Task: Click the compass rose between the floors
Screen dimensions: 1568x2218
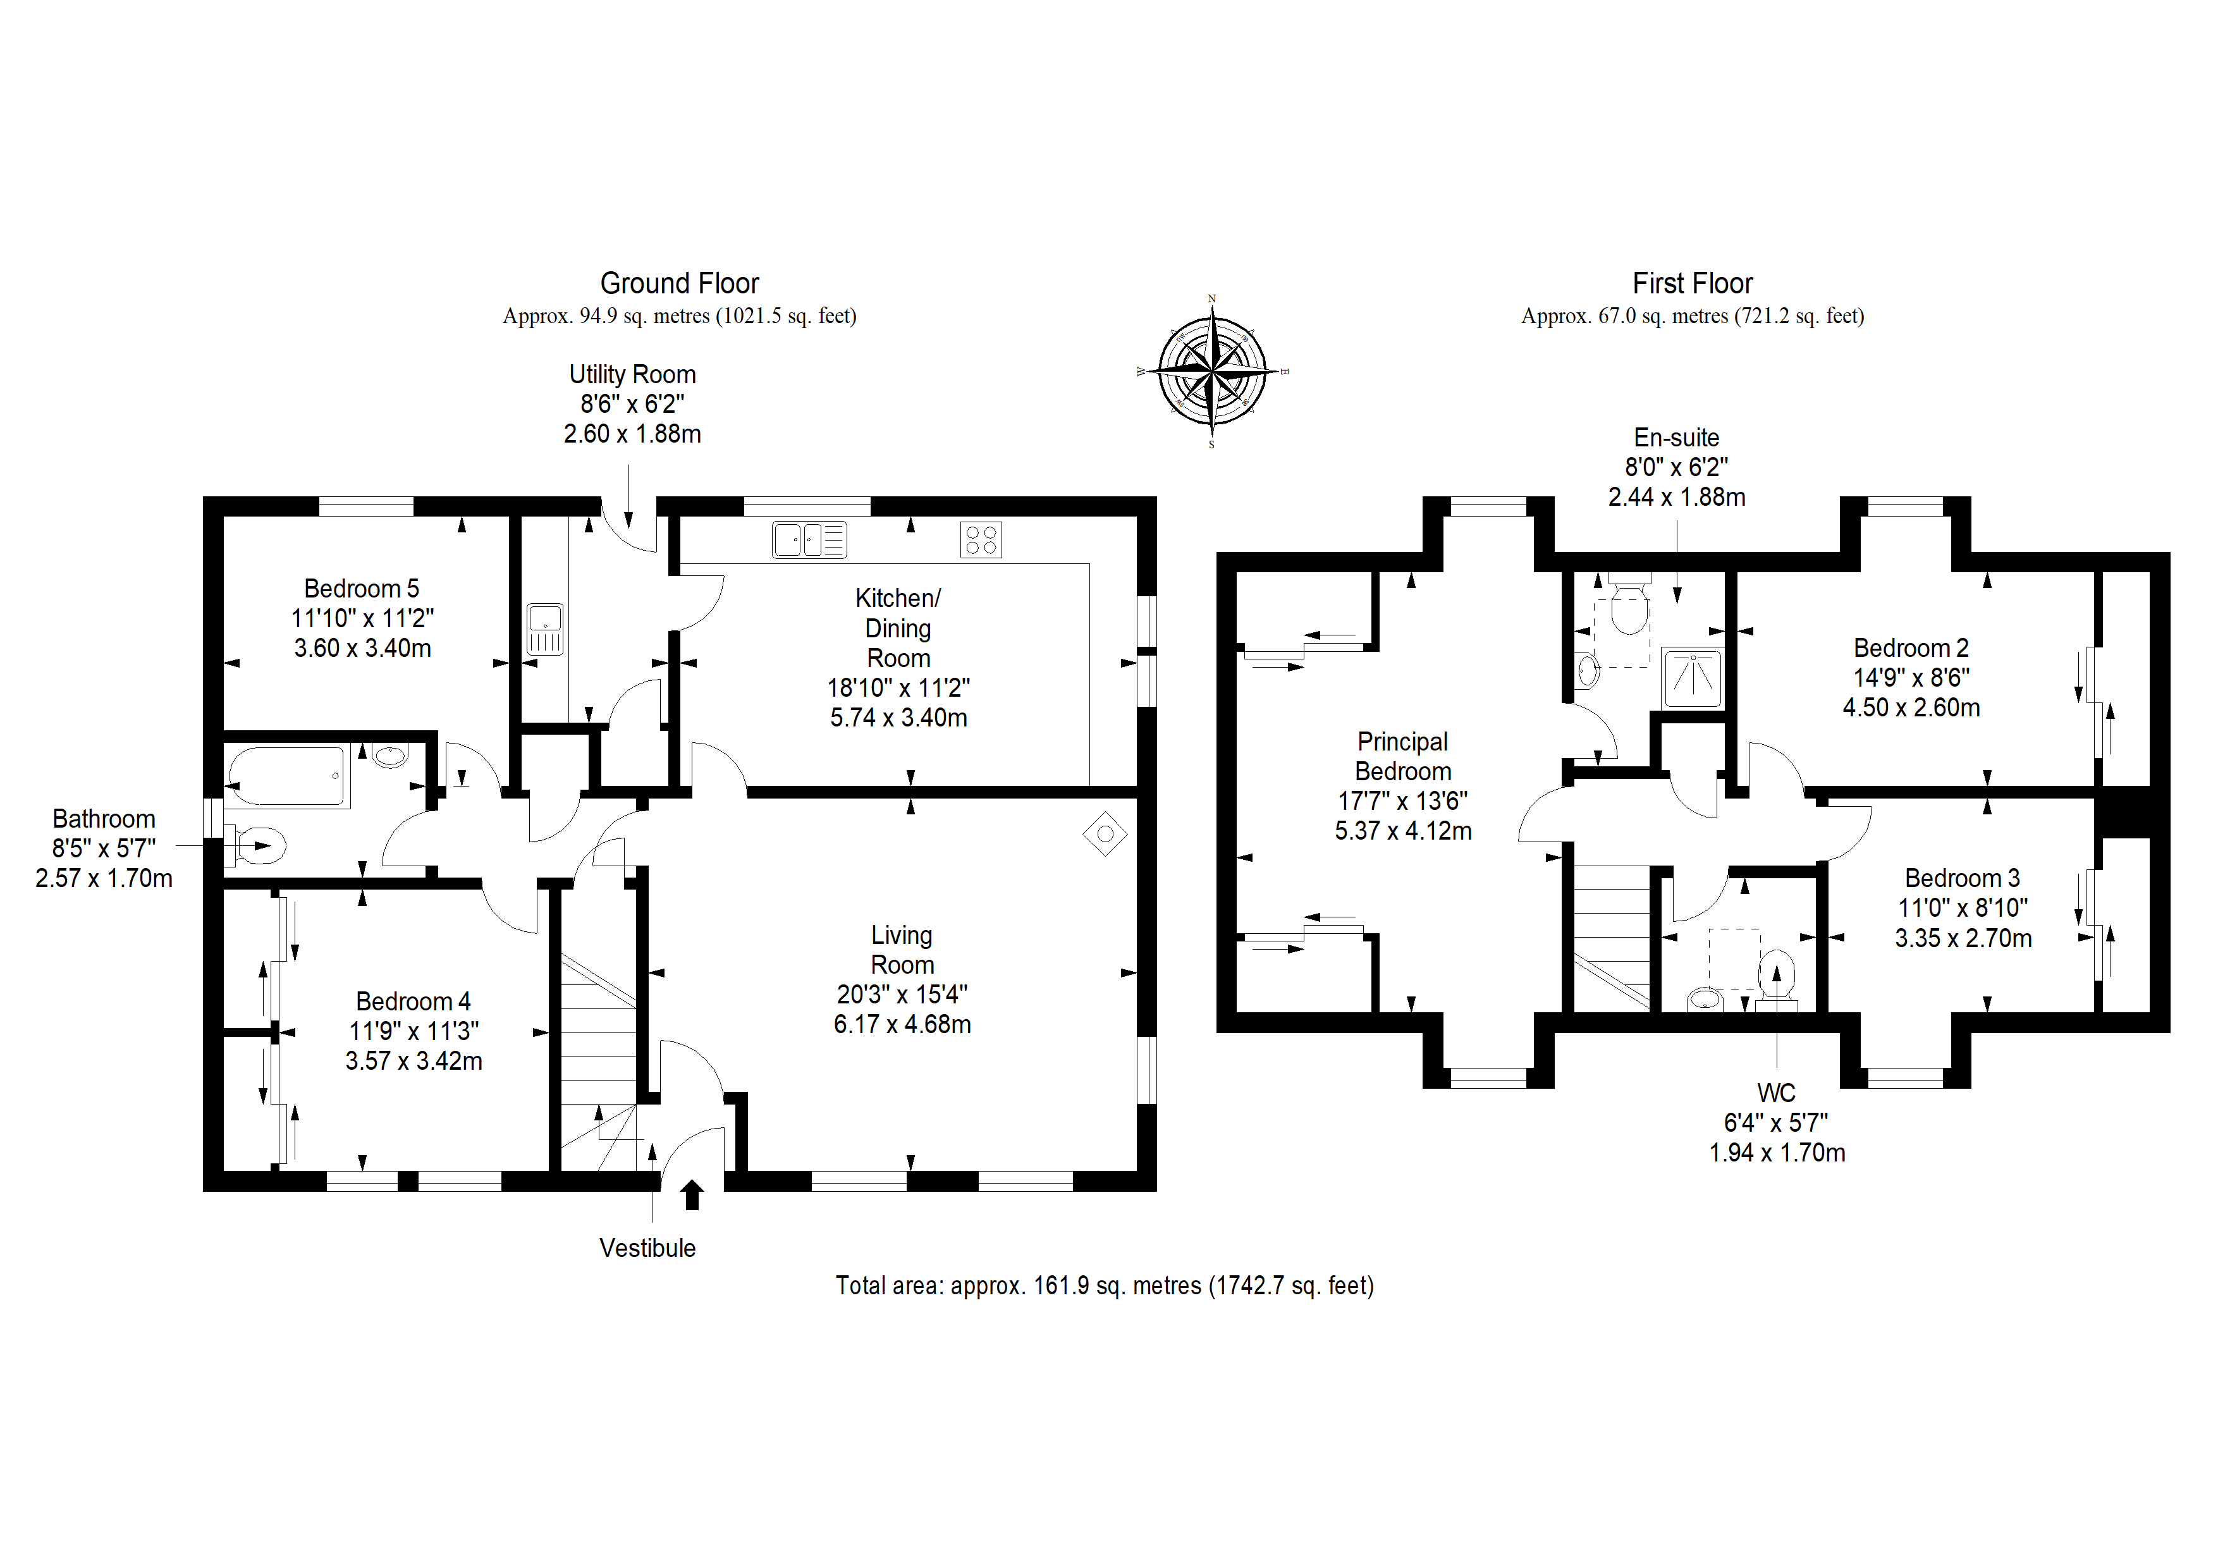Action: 1212,372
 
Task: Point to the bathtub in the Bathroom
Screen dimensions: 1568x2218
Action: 287,776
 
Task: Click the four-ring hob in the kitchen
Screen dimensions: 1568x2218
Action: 981,540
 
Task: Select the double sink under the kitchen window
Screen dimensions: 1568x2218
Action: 809,539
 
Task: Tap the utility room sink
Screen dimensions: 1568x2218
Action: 545,629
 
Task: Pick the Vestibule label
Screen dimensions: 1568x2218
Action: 647,1248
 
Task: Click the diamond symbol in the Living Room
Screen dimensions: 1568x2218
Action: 1105,833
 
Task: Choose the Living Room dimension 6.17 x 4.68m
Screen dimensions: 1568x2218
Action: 902,1024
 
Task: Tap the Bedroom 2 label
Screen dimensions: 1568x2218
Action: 1911,647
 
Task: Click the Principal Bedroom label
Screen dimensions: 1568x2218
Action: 1402,756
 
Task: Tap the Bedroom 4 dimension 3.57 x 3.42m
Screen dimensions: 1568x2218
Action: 414,1061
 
